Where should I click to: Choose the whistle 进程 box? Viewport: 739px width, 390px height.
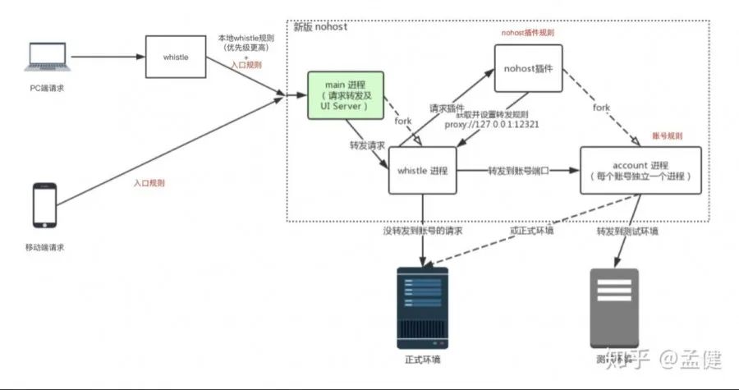[x=422, y=171]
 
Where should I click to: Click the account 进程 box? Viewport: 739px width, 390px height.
[x=640, y=170]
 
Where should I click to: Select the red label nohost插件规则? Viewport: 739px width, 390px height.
[x=528, y=32]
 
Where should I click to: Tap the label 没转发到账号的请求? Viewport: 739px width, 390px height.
[x=422, y=232]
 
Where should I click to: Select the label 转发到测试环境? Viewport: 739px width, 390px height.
[x=628, y=232]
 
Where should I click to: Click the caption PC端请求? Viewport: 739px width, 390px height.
[x=46, y=87]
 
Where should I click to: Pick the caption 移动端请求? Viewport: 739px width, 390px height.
[x=45, y=247]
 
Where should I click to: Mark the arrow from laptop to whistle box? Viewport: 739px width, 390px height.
[x=107, y=57]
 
